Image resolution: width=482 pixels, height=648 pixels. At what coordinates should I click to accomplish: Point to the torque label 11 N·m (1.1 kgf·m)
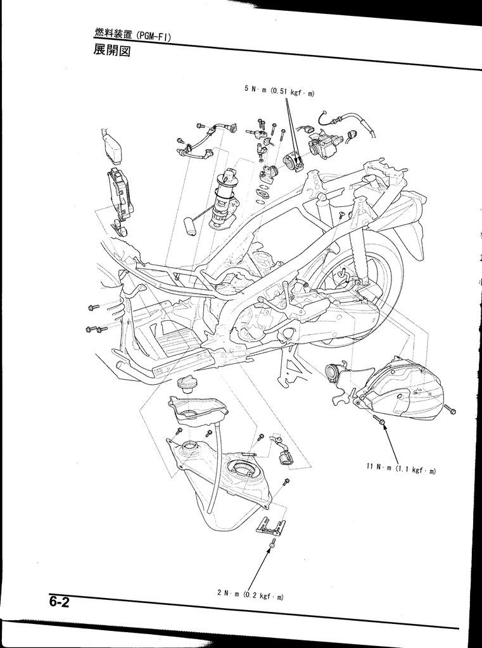[401, 469]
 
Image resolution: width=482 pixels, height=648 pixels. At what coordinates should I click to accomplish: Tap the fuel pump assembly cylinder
[222, 198]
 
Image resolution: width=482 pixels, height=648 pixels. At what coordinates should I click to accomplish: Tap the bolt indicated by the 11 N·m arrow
[380, 420]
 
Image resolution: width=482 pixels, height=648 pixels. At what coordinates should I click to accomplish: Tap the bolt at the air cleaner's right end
[450, 410]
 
